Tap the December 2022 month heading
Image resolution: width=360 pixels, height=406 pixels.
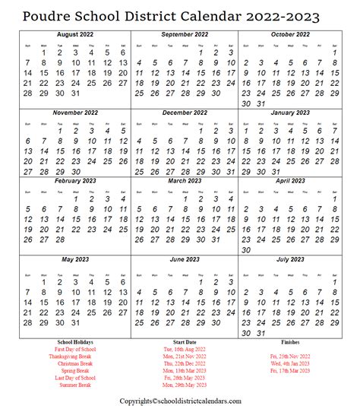[184, 111]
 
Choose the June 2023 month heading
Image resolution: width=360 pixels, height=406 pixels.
[184, 259]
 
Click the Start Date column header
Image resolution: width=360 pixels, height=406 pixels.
[185, 342]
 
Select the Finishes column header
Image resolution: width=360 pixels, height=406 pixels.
[290, 342]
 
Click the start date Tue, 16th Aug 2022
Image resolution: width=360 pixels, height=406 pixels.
[184, 350]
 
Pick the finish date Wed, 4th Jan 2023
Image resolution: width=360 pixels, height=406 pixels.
[290, 364]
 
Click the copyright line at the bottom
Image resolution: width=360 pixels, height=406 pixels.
[180, 400]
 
